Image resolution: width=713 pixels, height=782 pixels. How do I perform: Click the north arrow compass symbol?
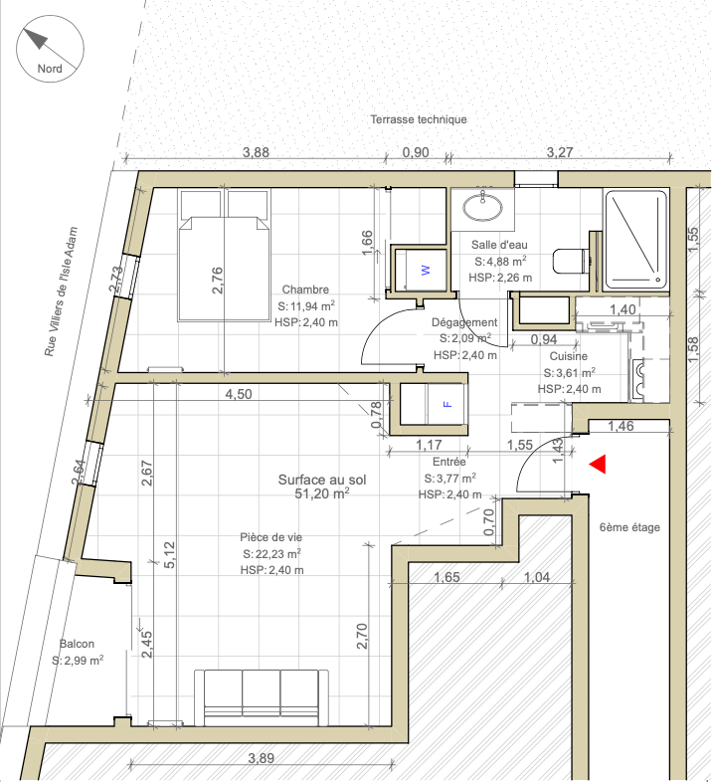tap(50, 49)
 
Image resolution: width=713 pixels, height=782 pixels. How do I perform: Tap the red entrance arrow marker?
tap(598, 464)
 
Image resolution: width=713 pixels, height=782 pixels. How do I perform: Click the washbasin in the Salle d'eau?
tap(482, 207)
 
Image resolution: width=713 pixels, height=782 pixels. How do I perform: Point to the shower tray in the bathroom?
tap(636, 241)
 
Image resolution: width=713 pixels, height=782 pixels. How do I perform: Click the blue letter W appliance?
tap(426, 270)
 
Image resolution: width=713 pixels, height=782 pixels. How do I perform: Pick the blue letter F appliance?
tap(447, 404)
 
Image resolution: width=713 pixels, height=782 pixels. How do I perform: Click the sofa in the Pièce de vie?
tap(262, 697)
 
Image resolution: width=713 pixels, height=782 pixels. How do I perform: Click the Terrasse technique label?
tap(419, 119)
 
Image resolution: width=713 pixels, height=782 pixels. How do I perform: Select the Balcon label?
tap(77, 644)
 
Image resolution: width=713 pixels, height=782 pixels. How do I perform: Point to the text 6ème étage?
tap(629, 527)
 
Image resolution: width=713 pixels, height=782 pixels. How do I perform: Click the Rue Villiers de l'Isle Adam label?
tap(62, 292)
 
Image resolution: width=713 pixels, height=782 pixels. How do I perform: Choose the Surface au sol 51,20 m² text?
tap(322, 487)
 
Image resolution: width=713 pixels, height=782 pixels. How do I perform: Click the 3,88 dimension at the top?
tap(256, 152)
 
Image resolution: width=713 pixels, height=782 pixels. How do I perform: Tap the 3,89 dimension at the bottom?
tap(262, 758)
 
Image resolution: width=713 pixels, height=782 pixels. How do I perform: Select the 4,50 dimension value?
tap(239, 394)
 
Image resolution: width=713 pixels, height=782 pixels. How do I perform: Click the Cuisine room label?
tap(569, 356)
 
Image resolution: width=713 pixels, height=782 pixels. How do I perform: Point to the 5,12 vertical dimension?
tap(169, 554)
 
